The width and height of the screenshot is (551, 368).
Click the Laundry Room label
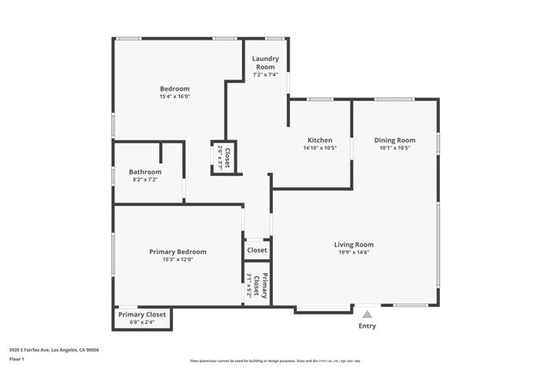tap(264, 62)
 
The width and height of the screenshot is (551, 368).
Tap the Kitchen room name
tap(320, 140)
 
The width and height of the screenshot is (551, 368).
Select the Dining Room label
tap(394, 140)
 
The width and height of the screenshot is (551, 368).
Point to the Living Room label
tap(353, 245)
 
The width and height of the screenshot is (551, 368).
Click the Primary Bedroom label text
tap(177, 252)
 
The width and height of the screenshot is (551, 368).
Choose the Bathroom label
tap(145, 172)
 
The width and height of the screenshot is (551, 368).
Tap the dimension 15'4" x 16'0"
tap(175, 97)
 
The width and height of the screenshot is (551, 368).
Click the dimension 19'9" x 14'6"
tap(353, 253)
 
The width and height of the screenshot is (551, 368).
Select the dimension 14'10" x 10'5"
tap(320, 148)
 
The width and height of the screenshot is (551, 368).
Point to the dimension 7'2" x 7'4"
tap(264, 75)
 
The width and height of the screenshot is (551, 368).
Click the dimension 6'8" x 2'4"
tap(143, 322)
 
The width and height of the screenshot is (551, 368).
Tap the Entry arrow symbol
tap(367, 315)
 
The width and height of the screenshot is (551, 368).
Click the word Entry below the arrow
tap(367, 327)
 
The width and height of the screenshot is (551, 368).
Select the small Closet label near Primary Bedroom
tap(257, 250)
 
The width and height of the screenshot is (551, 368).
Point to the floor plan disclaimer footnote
tap(275, 361)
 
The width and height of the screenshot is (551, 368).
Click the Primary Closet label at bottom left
tap(143, 315)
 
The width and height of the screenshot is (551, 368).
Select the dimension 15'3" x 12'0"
tap(177, 259)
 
